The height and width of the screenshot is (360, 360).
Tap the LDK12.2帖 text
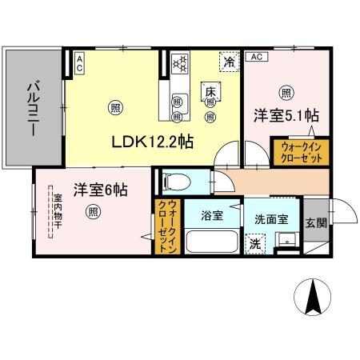[157, 142]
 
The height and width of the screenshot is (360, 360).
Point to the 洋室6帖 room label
[101, 190]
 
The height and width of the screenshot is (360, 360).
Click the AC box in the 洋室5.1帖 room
[256, 58]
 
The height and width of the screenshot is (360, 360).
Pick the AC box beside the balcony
[80, 63]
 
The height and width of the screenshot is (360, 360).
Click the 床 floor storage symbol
[212, 91]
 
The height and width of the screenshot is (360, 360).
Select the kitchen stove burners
[179, 61]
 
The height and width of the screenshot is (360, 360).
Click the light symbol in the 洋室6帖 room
[94, 212]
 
